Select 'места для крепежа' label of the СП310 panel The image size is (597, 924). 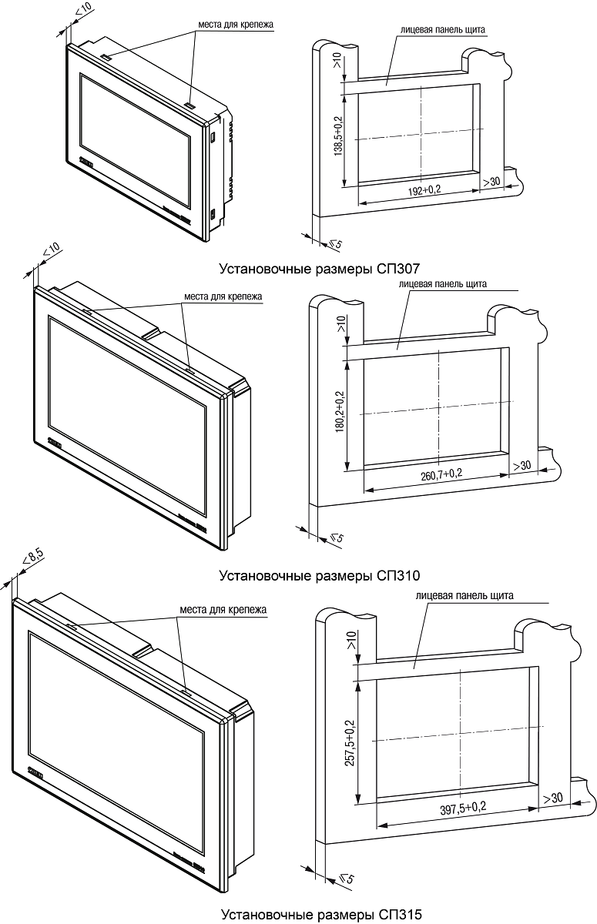tap(224, 296)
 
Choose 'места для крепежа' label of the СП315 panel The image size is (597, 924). tap(223, 610)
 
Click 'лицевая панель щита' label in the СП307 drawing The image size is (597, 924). tap(442, 30)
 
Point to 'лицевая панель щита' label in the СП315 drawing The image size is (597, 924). tap(464, 595)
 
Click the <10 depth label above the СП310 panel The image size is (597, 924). tap(51, 252)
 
